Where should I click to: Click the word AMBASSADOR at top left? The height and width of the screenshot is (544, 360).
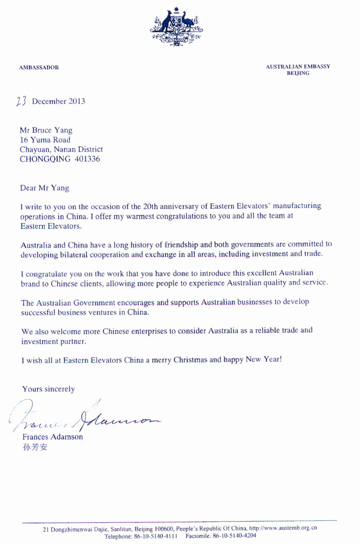click(39, 68)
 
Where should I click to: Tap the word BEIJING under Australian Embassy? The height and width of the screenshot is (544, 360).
click(298, 74)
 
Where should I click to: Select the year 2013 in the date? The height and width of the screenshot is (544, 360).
click(76, 101)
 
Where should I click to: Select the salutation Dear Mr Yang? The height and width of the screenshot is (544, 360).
click(44, 188)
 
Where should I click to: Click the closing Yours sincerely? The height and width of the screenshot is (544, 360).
click(48, 389)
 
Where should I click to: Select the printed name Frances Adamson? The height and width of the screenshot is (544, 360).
click(53, 437)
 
